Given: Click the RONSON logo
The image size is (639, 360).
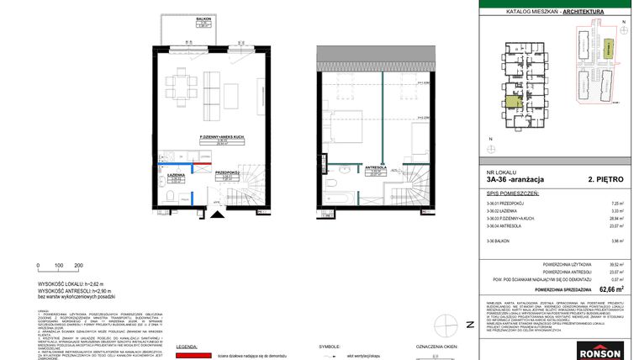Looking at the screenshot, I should pos(599,352).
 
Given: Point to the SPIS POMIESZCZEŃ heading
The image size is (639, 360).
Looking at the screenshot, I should pos(512,193).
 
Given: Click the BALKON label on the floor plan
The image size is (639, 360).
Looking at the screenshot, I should pos(203,17).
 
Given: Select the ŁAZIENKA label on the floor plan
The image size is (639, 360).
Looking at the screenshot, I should pos(177,175).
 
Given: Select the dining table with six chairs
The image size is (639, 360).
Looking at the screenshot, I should pos(178,84).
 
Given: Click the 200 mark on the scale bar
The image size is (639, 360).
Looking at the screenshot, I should pos(78,265).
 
